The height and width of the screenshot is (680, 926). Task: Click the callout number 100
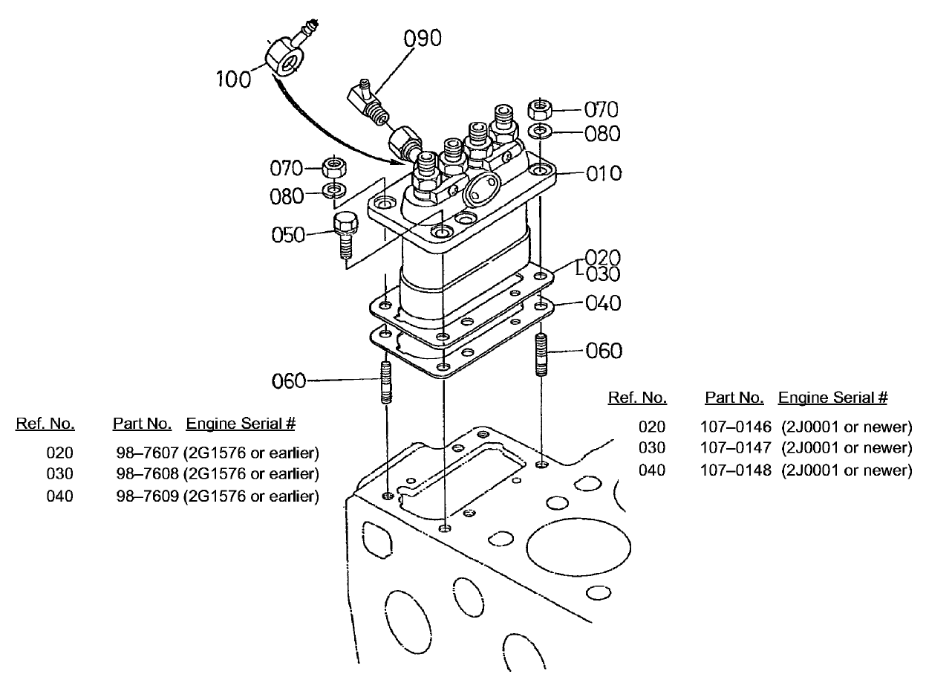pyautogui.click(x=234, y=79)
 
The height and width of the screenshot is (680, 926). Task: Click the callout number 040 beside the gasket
pyautogui.click(x=604, y=303)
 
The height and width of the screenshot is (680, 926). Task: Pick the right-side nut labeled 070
pyautogui.click(x=538, y=110)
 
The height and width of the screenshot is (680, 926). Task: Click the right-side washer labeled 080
pyautogui.click(x=540, y=133)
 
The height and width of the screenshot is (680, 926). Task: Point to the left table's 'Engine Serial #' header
pyautogui.click(x=241, y=424)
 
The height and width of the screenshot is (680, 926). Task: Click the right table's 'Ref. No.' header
pyautogui.click(x=636, y=398)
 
